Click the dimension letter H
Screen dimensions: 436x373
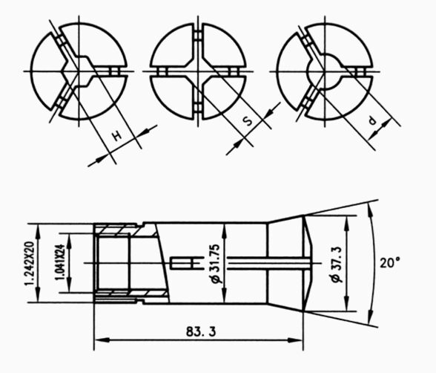(118, 136)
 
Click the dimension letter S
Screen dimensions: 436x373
(247, 121)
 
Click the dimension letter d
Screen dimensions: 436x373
(372, 121)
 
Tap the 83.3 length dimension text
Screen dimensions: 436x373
(201, 331)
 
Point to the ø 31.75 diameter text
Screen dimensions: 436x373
(216, 264)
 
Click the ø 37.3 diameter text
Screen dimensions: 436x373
(336, 264)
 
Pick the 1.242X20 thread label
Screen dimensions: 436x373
(29, 263)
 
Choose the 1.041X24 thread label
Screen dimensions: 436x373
(60, 262)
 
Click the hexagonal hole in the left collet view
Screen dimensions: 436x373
(78, 71)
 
